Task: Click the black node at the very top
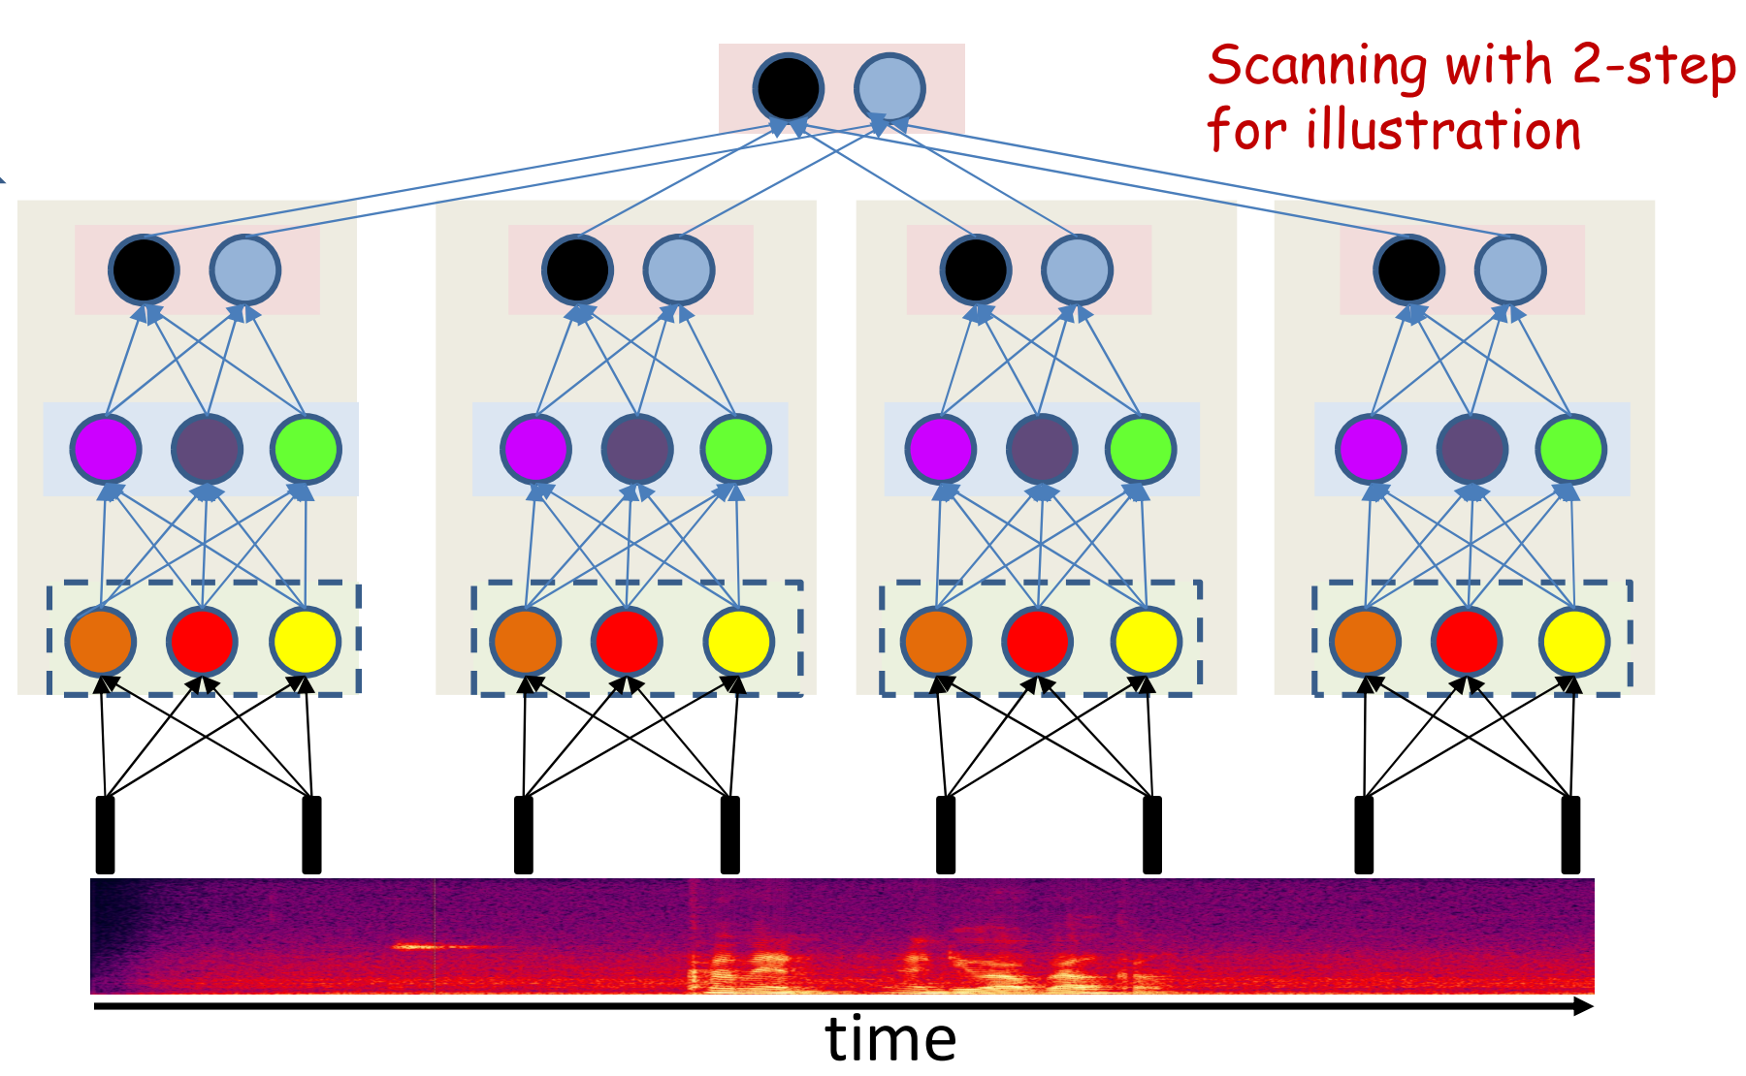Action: [x=789, y=87]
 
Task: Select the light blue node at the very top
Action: [x=889, y=87]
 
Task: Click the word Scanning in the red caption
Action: [x=1316, y=67]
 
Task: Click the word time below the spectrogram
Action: [x=890, y=1039]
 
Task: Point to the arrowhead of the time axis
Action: [x=1584, y=1006]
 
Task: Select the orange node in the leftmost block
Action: [x=100, y=641]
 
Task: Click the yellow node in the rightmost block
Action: [x=1573, y=641]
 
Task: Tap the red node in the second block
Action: [x=627, y=641]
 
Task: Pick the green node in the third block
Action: [x=1141, y=449]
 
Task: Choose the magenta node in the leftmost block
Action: [x=106, y=449]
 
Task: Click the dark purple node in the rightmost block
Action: [x=1471, y=449]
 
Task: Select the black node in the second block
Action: [x=577, y=269]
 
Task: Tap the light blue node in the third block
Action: [x=1077, y=269]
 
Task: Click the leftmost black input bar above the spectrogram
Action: [x=105, y=834]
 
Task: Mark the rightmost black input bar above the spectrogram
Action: [x=1570, y=834]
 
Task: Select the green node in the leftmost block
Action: [x=306, y=449]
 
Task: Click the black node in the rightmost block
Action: [x=1408, y=269]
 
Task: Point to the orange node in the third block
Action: [x=936, y=641]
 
